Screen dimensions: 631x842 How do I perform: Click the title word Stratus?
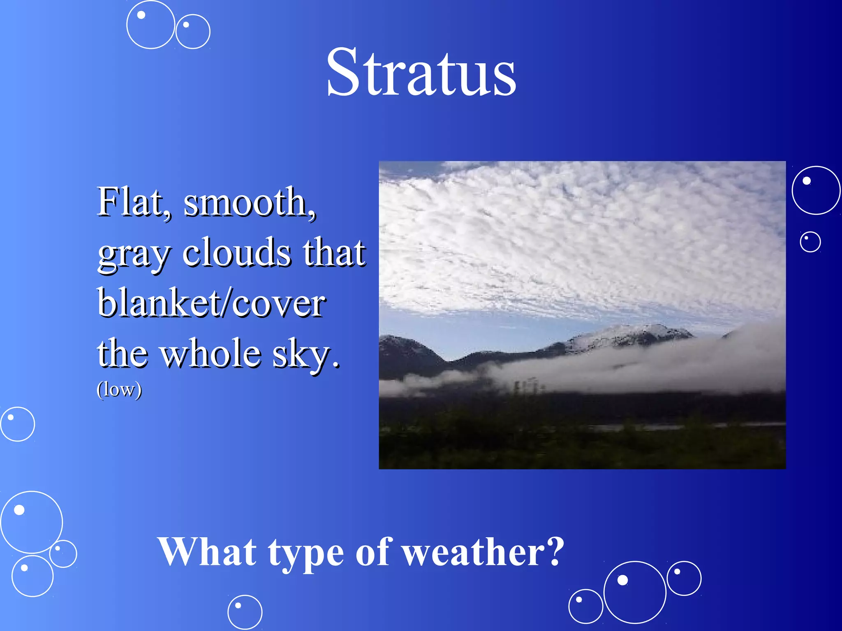click(421, 73)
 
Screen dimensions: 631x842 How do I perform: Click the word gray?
click(134, 254)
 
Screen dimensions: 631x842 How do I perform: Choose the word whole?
click(210, 354)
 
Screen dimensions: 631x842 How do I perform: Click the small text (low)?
click(119, 389)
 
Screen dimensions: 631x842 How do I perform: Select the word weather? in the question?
click(483, 552)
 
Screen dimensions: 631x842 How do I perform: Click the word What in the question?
click(207, 552)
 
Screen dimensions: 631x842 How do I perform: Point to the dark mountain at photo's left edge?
click(405, 353)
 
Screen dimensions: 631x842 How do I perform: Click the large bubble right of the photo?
click(816, 190)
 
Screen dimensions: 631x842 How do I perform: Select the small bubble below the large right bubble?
click(810, 242)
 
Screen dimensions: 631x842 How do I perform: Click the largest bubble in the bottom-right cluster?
click(634, 592)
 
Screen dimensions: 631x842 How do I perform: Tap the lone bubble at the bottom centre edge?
click(245, 612)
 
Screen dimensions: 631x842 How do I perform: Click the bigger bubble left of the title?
click(150, 25)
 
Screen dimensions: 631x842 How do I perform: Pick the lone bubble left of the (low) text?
click(18, 424)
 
